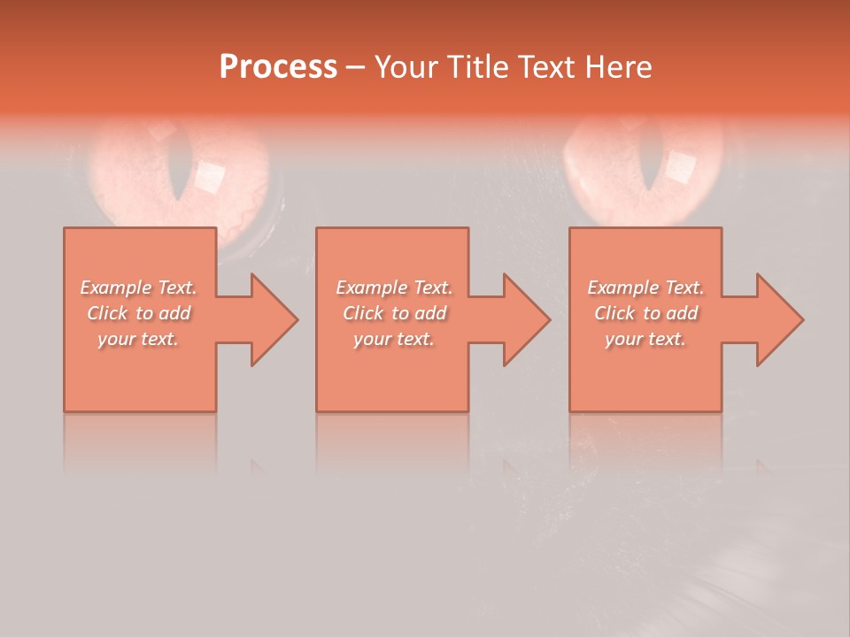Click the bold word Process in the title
(x=278, y=67)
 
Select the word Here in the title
(x=620, y=67)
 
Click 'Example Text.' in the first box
(x=138, y=288)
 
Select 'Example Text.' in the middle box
(x=394, y=288)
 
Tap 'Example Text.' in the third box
(x=645, y=288)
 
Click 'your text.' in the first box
(x=138, y=339)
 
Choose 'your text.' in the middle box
(x=394, y=339)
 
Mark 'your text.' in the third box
(x=645, y=339)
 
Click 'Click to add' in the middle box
(x=394, y=313)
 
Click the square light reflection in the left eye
(x=210, y=178)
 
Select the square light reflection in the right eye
(x=680, y=165)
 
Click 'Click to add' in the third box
(x=645, y=313)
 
